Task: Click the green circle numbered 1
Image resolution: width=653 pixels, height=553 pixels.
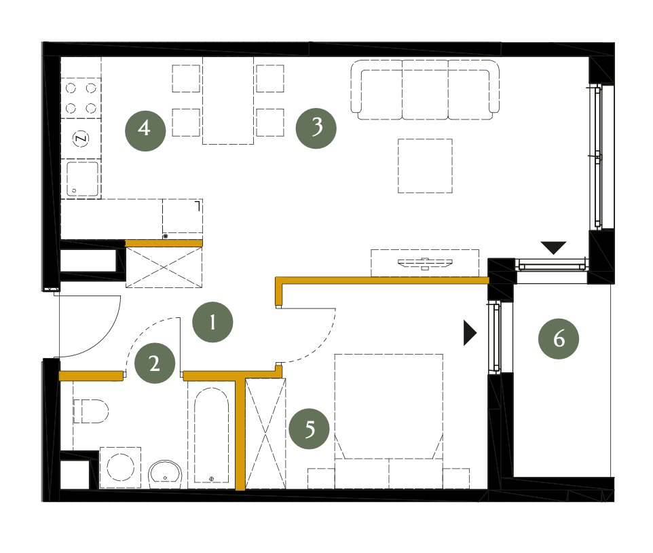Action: (x=213, y=322)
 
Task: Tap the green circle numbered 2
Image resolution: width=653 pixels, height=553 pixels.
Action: (x=155, y=363)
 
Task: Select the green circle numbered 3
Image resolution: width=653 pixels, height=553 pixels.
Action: (x=316, y=128)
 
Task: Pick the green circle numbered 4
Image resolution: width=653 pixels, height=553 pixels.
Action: (x=145, y=131)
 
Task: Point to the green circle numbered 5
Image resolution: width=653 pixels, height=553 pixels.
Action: (x=309, y=429)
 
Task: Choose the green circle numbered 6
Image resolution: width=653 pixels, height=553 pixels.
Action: (x=559, y=339)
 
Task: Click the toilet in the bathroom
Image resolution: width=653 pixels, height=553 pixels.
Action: (x=91, y=411)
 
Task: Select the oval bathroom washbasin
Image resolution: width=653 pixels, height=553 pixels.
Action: (x=166, y=474)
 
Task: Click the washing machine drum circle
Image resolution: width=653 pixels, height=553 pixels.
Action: (x=121, y=467)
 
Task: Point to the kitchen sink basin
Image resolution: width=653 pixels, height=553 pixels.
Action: (x=82, y=179)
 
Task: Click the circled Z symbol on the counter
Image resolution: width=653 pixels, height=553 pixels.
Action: (x=81, y=139)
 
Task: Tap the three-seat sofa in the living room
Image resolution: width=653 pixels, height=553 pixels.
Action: (x=425, y=90)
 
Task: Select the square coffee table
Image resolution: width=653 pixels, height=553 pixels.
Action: (x=425, y=166)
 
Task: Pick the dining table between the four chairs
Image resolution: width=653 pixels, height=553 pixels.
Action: (x=228, y=101)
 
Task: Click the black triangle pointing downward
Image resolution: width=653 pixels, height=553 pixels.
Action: (x=553, y=247)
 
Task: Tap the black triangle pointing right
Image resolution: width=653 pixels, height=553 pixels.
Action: (x=470, y=333)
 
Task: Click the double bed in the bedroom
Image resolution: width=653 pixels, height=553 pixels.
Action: (x=388, y=421)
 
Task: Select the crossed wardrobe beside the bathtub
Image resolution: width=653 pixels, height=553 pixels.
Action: (x=265, y=433)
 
